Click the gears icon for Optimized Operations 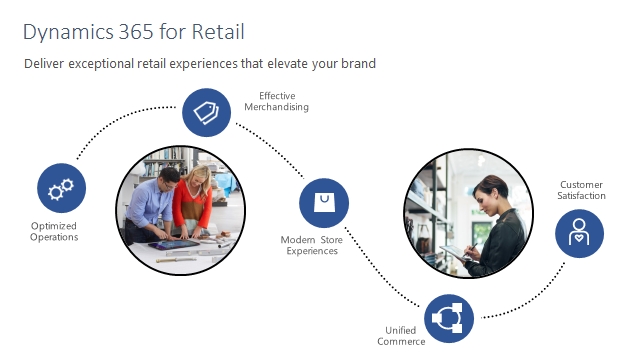62,188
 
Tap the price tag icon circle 207,112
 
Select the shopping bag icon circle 324,203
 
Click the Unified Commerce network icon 449,319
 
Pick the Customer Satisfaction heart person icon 579,234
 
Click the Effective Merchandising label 276,101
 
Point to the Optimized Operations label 55,232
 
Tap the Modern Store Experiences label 309,246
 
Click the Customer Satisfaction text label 582,190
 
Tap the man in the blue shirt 158,205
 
